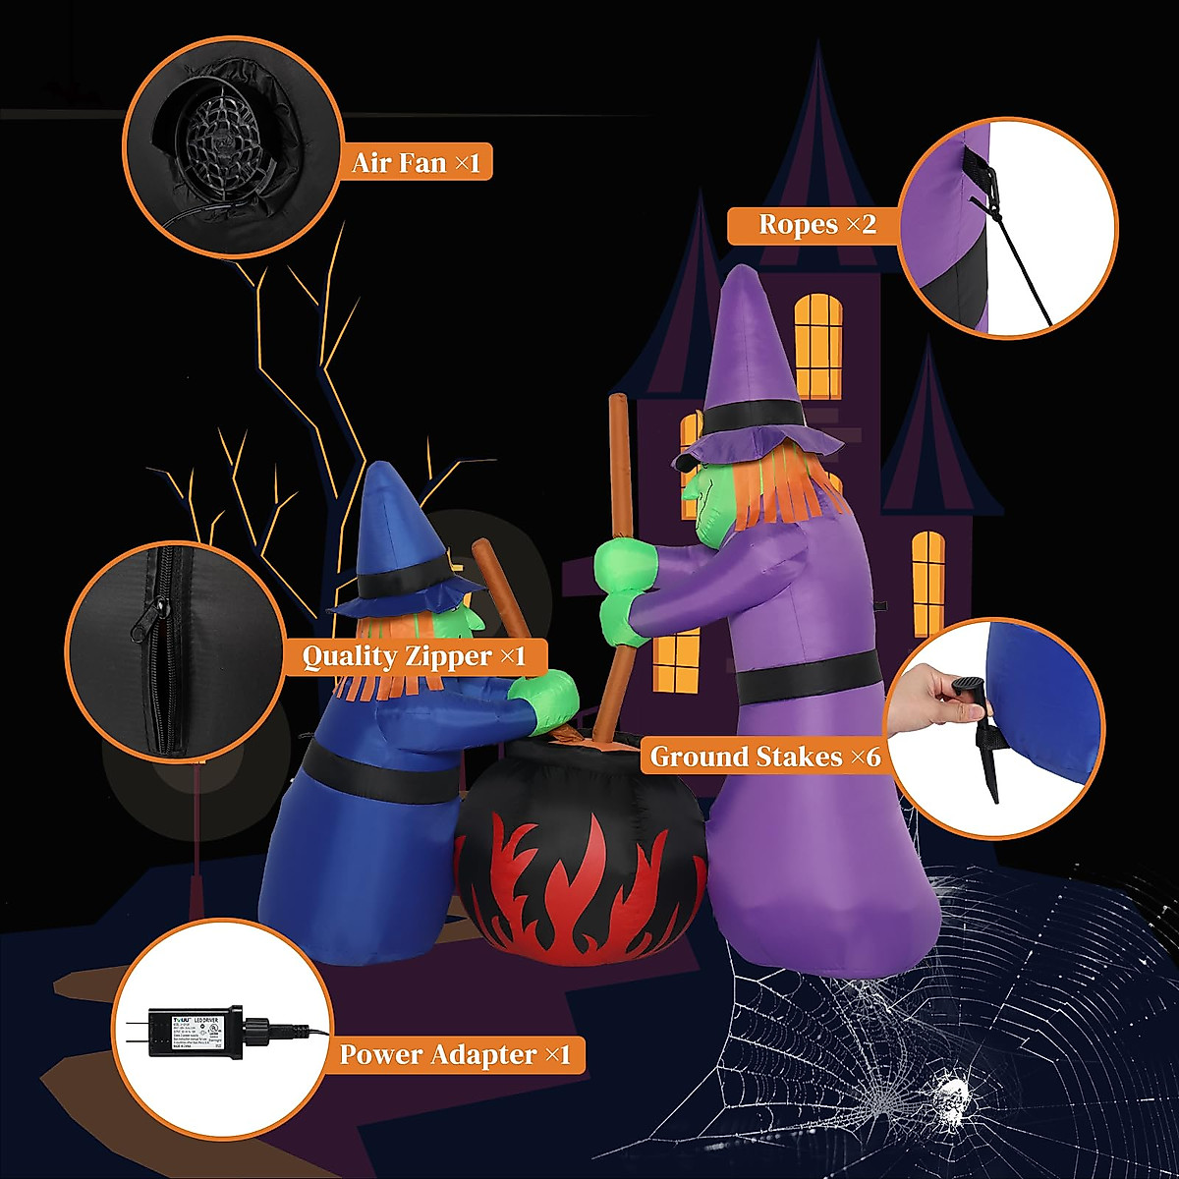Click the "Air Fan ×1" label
click(x=417, y=162)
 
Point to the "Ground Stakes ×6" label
click(x=765, y=757)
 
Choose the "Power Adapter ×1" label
click(x=455, y=1055)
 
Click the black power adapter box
click(x=192, y=1032)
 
